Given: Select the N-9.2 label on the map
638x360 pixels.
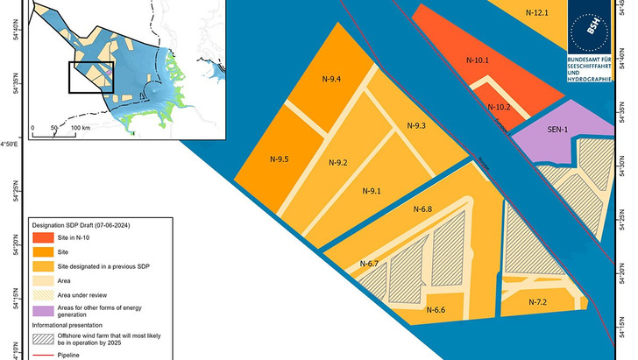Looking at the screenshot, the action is click(x=338, y=163).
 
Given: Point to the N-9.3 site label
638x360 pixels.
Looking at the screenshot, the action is click(x=416, y=126).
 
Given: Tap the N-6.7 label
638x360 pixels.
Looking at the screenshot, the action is click(x=368, y=264).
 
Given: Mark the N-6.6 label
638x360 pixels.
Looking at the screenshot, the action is click(x=436, y=310).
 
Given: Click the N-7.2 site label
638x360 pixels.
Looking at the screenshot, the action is click(x=537, y=302).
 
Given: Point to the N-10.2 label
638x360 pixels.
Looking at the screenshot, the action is click(x=499, y=107).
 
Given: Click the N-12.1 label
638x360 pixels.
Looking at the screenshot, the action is click(x=536, y=13).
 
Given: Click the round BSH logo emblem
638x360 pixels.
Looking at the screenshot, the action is click(x=598, y=25).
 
